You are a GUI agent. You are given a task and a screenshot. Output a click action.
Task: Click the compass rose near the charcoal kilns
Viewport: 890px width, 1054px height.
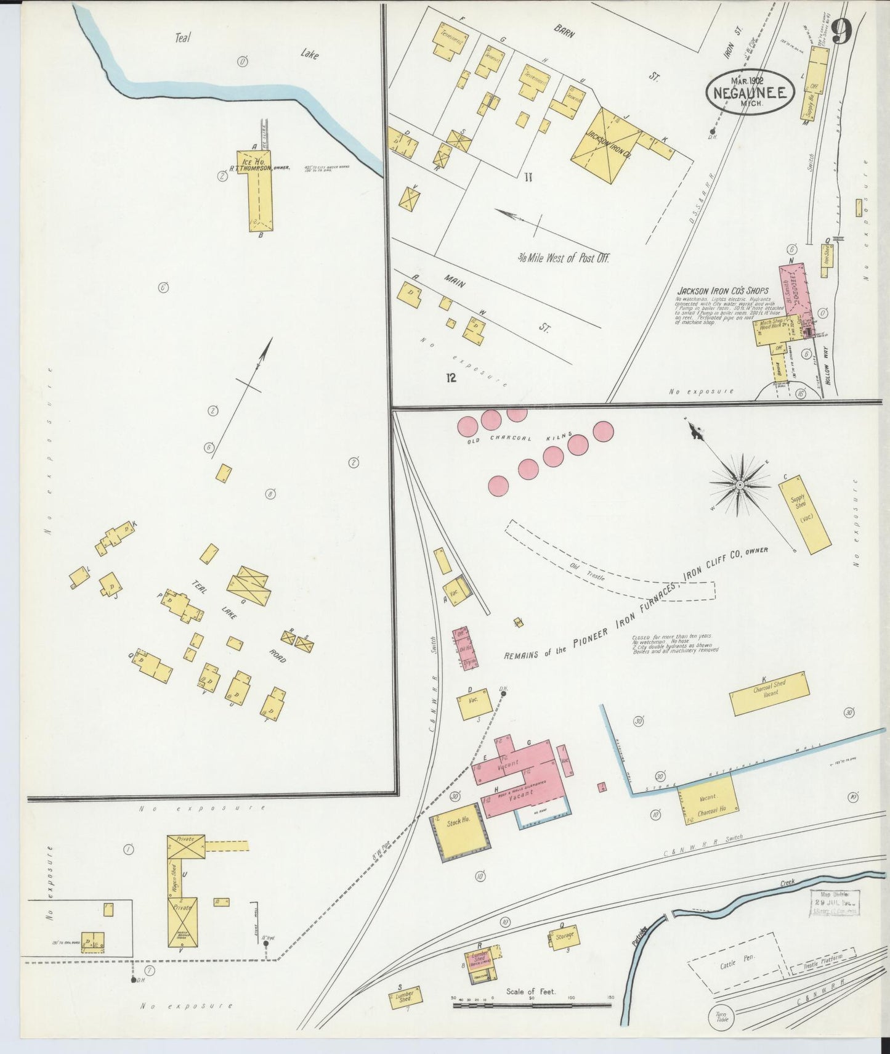(x=739, y=485)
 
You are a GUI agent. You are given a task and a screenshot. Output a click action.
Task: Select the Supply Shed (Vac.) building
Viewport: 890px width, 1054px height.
(x=806, y=513)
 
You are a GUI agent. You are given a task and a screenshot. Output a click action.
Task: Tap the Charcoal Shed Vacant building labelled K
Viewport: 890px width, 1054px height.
(x=769, y=693)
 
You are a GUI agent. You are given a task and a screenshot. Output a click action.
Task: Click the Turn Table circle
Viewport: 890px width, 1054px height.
(x=721, y=1016)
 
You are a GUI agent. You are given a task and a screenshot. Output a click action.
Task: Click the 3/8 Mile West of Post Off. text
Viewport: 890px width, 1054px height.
(x=563, y=258)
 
